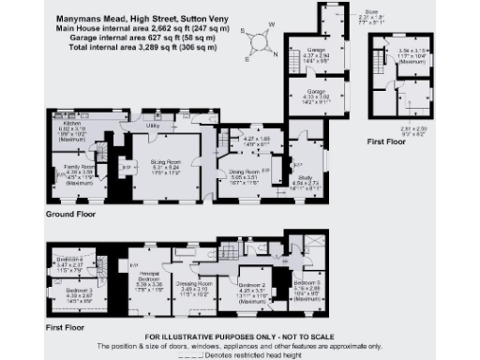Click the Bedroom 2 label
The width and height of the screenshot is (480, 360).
(251, 284)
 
